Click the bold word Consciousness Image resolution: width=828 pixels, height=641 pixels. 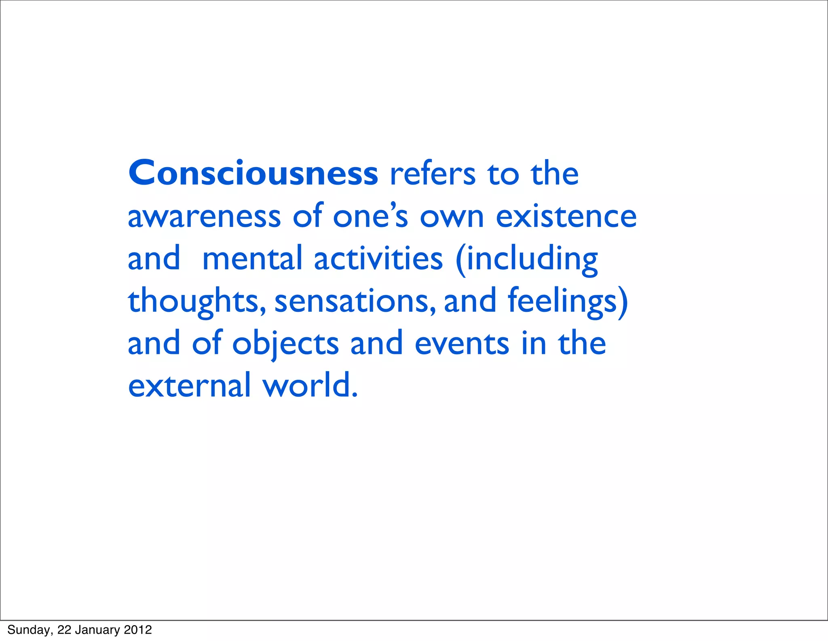253,173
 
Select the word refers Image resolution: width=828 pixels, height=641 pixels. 432,174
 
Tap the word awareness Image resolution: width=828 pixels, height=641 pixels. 204,217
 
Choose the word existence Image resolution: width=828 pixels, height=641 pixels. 566,217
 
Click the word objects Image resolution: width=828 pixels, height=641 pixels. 285,344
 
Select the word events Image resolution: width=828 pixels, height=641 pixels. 462,344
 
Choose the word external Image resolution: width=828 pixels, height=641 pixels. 190,386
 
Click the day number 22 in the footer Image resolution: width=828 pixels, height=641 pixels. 64,630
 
